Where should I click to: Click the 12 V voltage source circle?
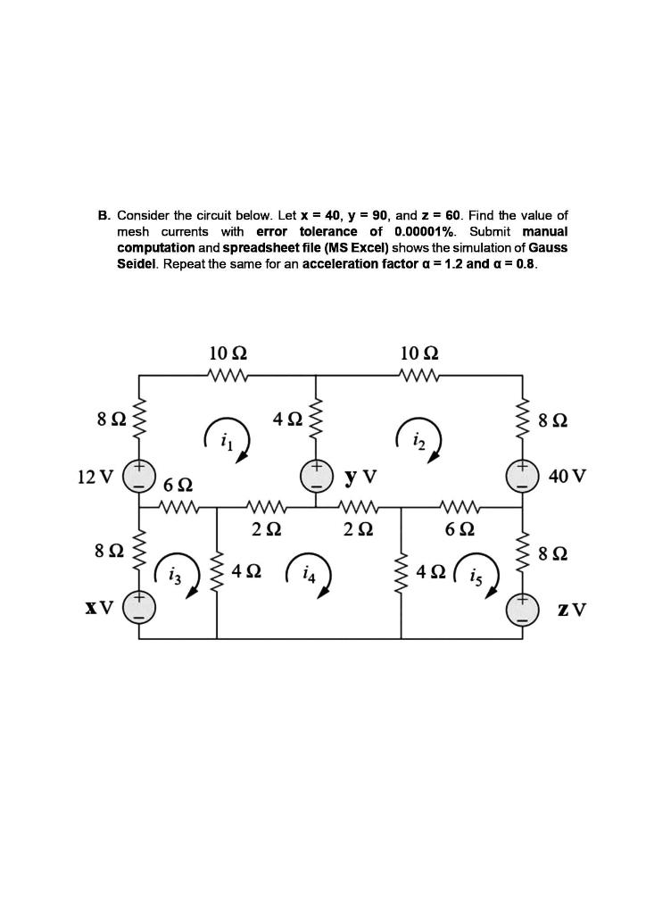point(140,476)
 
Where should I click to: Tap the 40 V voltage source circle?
point(523,476)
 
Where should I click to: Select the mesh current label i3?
point(174,575)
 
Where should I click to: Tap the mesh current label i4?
point(308,575)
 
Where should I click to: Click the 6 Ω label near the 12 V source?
point(178,486)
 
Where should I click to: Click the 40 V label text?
point(567,477)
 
